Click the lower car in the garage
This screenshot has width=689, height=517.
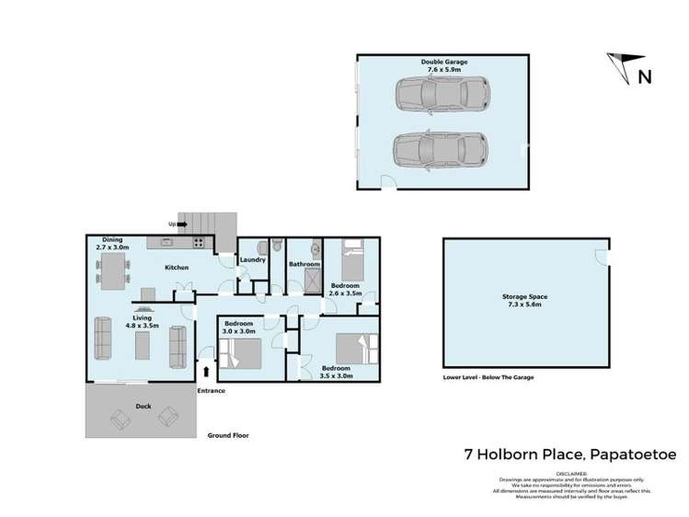tap(440, 149)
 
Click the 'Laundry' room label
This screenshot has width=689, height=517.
tap(253, 260)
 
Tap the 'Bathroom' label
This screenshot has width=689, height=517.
tap(304, 264)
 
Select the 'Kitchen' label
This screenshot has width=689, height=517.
tap(177, 268)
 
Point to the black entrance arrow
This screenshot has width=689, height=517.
tap(205, 371)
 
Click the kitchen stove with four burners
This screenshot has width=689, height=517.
tap(199, 244)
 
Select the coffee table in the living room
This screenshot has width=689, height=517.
tap(142, 346)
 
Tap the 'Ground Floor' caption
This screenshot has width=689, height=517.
tap(227, 435)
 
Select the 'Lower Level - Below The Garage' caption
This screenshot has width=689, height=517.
tap(488, 377)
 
